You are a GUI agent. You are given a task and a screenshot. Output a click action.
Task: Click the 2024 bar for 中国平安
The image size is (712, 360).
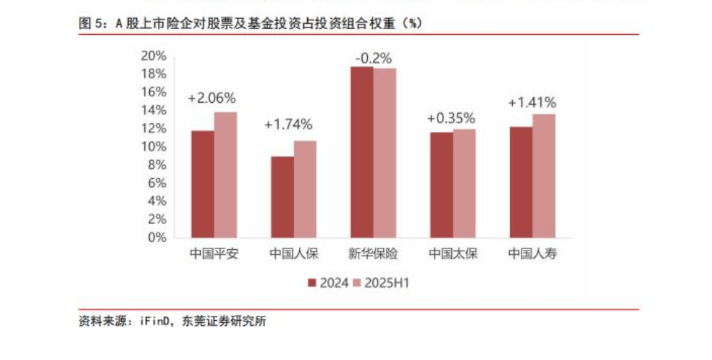tap(202, 184)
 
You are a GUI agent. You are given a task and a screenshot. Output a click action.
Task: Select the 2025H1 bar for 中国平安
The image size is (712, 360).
tap(225, 175)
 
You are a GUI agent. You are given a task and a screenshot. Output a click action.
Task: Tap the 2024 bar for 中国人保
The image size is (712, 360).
tap(282, 197)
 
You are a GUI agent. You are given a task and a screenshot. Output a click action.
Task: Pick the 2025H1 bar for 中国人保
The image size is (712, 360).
tap(305, 189)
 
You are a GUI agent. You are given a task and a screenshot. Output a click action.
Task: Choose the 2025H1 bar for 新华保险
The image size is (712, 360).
tap(385, 153)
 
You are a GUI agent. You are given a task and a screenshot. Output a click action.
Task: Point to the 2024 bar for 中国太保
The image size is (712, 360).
tap(441, 185)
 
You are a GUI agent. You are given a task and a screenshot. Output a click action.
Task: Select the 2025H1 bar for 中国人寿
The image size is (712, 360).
tap(544, 175)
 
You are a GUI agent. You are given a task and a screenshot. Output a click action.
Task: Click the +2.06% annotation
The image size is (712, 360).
tap(211, 98)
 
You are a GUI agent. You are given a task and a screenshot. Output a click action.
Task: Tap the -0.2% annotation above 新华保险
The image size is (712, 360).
tap(373, 57)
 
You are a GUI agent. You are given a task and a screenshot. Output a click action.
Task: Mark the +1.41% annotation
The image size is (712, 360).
tap(532, 102)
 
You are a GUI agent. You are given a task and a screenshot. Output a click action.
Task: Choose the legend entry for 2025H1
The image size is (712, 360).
tap(381, 282)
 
